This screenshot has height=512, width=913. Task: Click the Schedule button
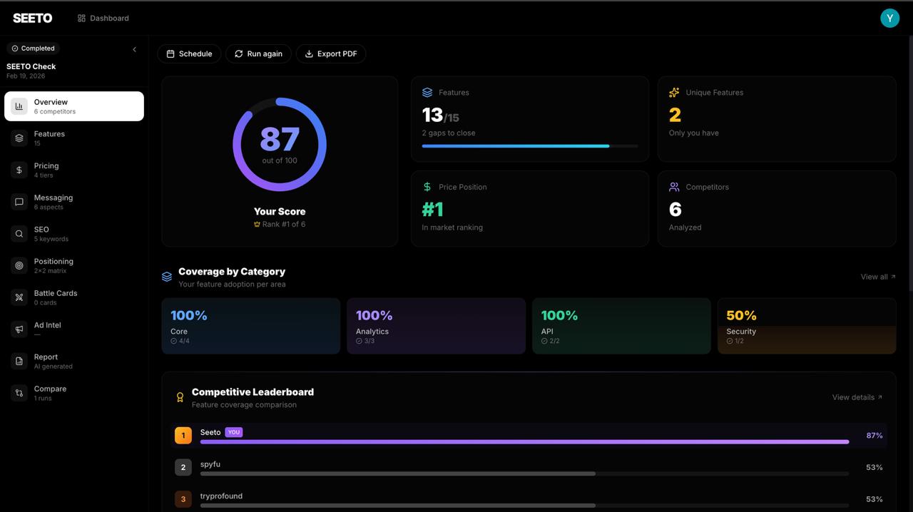[x=189, y=53]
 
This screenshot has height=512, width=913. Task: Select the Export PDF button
[x=331, y=53]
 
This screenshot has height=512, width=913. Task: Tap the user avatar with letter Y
[x=889, y=19]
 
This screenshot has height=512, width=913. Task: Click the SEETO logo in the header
[x=33, y=18]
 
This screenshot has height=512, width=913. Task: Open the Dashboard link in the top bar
[x=103, y=18]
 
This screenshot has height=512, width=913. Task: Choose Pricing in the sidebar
[x=46, y=170]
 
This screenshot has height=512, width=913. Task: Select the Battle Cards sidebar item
[x=55, y=297]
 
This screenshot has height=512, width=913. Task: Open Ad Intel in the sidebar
[x=47, y=329]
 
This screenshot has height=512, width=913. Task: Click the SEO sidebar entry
[x=41, y=233]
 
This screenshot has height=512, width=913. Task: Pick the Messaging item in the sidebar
[x=53, y=201]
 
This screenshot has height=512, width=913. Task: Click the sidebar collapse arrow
[x=134, y=49]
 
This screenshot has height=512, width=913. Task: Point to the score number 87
[x=280, y=139]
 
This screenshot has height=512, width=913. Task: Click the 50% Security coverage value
[x=741, y=315]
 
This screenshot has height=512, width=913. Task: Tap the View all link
[x=878, y=277]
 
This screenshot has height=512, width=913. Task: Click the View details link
[x=857, y=397]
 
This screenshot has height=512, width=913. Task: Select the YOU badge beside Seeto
[x=233, y=432]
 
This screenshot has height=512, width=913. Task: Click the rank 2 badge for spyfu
[x=183, y=467]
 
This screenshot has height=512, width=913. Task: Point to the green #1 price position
[x=432, y=210]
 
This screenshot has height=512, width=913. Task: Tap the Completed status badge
[x=33, y=48]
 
